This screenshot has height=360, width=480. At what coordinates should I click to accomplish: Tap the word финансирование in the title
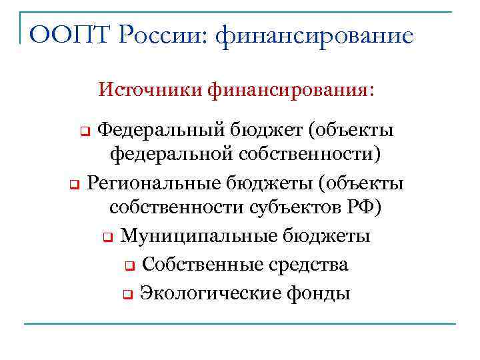pyautogui.click(x=315, y=34)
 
